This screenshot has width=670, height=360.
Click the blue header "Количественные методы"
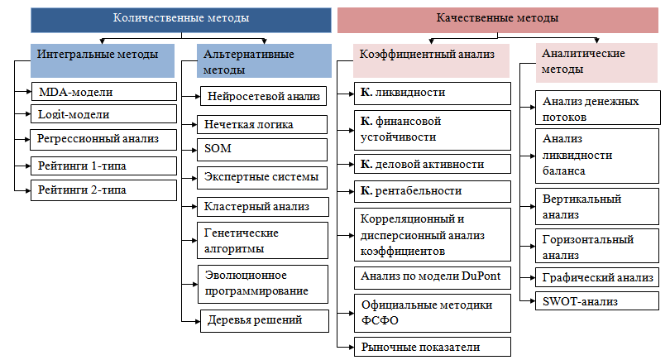tap(181, 20)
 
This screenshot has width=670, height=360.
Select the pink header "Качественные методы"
tap(497, 20)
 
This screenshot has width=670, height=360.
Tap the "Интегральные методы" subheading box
tap(103, 60)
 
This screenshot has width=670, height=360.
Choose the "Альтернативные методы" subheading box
tap(264, 60)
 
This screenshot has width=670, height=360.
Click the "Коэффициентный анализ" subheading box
tap(432, 60)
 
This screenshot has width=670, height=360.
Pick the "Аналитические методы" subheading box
tap(596, 62)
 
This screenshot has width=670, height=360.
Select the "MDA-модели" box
tap(104, 92)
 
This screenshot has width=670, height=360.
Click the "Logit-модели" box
tap(104, 114)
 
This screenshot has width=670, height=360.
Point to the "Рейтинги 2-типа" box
tap(104, 190)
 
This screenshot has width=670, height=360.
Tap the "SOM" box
tap(262, 150)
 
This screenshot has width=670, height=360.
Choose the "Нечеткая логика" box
tap(262, 124)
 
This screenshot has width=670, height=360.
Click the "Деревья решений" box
tap(265, 320)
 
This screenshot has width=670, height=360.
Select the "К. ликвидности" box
tap(433, 94)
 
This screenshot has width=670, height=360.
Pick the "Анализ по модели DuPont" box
tap(433, 277)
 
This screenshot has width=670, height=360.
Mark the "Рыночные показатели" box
tap(433, 347)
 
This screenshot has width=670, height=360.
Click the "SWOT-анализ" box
tap(597, 301)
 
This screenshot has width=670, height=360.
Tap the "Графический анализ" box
tap(597, 277)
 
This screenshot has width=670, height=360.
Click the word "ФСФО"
tap(380, 320)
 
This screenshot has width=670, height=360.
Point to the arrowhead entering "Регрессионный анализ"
tap(28, 139)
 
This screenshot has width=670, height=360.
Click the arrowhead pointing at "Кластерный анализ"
tap(194, 207)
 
